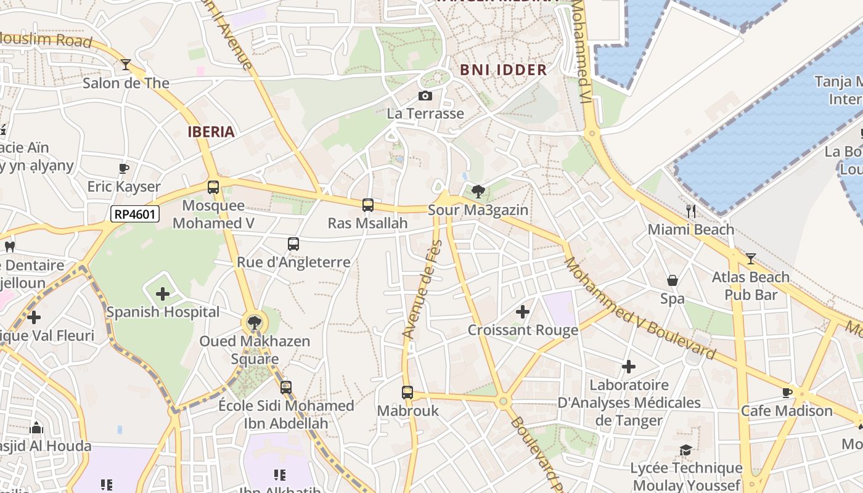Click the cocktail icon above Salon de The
pos(126,64)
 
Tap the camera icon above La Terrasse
pos(425,96)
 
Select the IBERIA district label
pos(211,131)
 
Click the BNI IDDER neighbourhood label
pos(504,70)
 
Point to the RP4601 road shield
pos(135,214)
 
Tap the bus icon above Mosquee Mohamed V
pos(213,187)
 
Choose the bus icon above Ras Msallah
pos(368,205)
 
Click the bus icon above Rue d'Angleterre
pos(293,244)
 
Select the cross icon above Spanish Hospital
pos(163,294)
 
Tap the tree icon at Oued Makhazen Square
pos(254,322)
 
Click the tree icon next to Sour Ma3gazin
pos(478,192)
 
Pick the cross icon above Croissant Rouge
pos(523,312)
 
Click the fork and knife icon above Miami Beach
pos(691,211)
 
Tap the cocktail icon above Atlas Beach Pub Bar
pos(750,259)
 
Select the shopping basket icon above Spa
pos(673,280)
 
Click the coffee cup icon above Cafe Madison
pos(787,393)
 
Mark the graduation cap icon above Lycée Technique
pos(685,450)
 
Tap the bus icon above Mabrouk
pos(407,392)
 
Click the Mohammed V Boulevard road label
pos(640,308)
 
